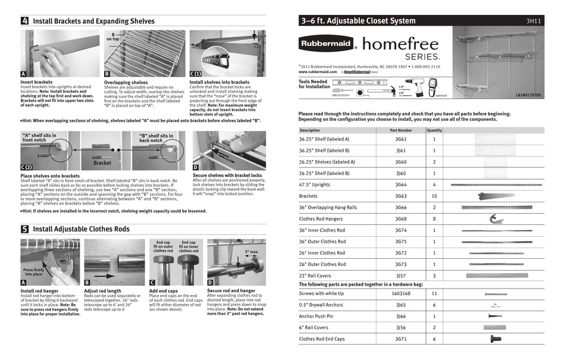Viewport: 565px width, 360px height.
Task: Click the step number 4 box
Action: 24,21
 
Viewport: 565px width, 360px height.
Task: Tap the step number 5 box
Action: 24,228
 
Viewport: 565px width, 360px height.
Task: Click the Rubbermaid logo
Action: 327,44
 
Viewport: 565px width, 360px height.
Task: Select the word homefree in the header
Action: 400,43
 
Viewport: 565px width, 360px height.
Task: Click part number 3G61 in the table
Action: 400,139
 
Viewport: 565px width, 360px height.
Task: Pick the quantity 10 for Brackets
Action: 434,196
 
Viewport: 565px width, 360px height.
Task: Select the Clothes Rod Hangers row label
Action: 322,219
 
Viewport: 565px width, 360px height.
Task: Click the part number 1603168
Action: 400,293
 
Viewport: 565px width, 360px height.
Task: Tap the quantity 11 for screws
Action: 434,293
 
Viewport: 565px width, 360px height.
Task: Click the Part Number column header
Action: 400,130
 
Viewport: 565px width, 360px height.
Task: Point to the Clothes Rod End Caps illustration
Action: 496,339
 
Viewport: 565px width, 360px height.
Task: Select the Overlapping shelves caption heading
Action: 125,82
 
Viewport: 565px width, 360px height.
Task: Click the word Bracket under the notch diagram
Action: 102,162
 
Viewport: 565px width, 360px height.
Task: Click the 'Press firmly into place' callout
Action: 33,272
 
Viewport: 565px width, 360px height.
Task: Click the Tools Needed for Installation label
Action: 314,84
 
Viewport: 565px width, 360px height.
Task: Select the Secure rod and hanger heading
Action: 232,290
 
